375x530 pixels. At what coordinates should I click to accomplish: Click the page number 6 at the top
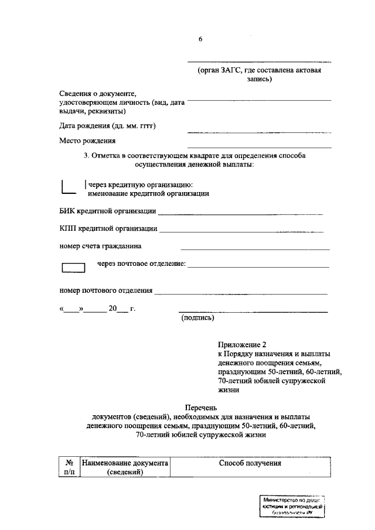point(200,39)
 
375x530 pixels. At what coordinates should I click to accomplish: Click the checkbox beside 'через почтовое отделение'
point(73,268)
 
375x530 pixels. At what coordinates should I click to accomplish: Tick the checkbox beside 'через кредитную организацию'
point(69,187)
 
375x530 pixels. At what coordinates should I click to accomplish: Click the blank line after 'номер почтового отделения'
point(240,292)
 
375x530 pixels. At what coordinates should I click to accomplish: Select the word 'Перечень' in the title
point(200,407)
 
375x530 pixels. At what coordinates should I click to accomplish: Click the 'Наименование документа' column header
point(125,463)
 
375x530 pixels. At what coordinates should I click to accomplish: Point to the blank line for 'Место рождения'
point(258,146)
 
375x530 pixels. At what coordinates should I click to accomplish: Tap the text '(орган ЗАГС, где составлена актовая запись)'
point(258,75)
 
